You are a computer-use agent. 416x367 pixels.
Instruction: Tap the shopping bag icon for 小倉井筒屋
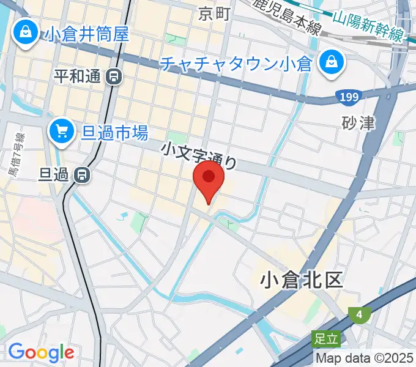pyautogui.click(x=26, y=34)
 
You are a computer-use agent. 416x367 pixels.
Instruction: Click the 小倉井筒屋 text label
pyautogui.click(x=86, y=33)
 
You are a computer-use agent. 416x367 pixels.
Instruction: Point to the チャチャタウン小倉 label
pyautogui.click(x=237, y=63)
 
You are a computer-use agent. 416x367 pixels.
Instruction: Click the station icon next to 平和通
pyautogui.click(x=114, y=76)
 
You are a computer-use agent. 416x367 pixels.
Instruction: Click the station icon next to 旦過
pyautogui.click(x=82, y=176)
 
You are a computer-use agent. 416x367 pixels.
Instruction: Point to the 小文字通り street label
pyautogui.click(x=199, y=156)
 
